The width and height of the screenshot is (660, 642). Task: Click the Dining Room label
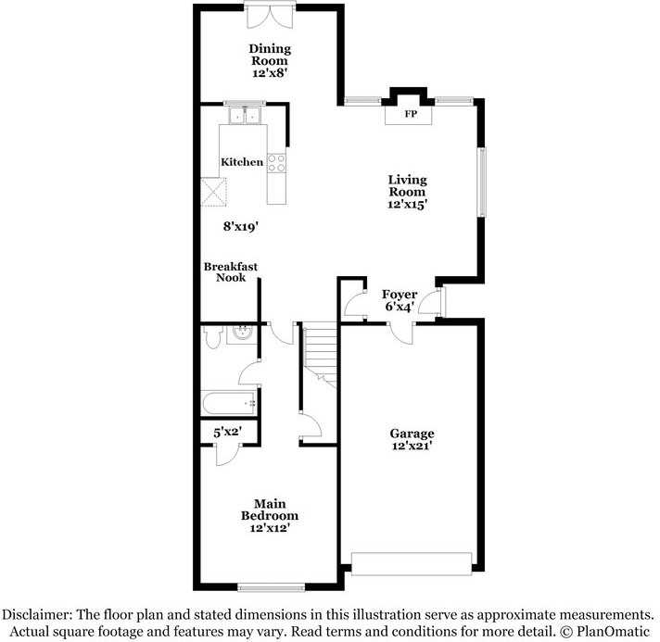click(270, 55)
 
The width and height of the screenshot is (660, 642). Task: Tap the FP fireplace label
click(410, 115)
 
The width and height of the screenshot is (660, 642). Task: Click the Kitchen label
click(242, 162)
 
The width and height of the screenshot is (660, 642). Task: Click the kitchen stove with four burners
click(276, 164)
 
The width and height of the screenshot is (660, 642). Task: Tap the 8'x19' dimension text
click(240, 225)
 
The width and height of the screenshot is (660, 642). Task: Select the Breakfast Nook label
click(231, 271)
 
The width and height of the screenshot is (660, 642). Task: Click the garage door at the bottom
click(412, 562)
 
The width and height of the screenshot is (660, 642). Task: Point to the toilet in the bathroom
click(211, 337)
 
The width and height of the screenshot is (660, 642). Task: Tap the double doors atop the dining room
click(270, 17)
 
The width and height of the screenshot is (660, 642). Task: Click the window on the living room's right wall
click(481, 182)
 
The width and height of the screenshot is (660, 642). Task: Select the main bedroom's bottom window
click(271, 586)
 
